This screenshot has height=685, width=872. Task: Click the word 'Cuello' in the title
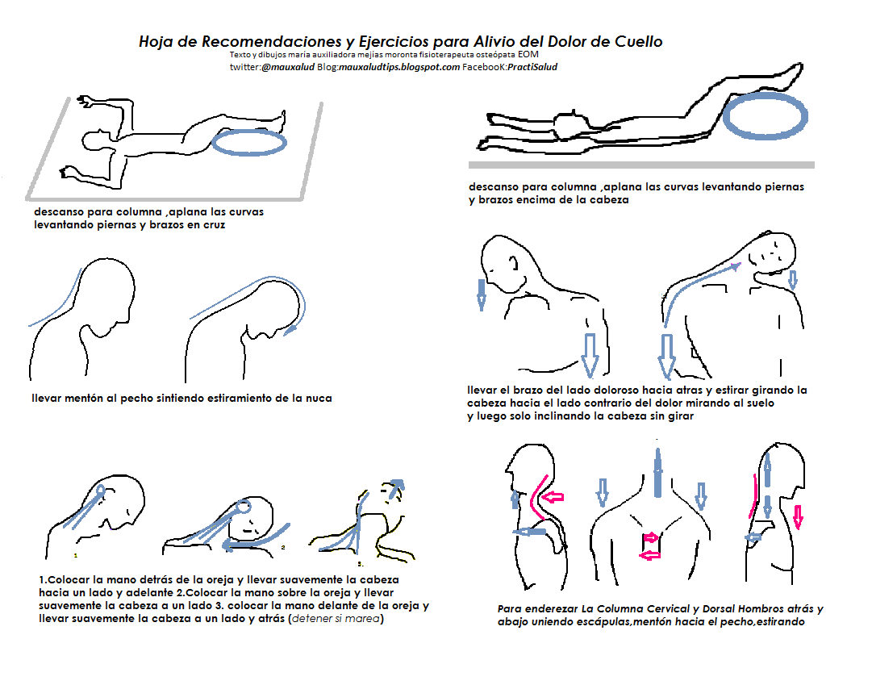pos(638,42)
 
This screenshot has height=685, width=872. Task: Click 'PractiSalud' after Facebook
pos(532,67)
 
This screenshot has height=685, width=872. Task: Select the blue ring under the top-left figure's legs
pos(249,143)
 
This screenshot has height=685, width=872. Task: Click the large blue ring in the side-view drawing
pos(766,115)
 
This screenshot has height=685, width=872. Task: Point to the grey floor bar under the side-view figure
pos(641,165)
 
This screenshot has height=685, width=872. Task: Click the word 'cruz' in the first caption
pos(211,225)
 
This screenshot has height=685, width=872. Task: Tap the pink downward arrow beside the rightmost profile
pos(799,516)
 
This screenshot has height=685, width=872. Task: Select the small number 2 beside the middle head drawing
pos(283,547)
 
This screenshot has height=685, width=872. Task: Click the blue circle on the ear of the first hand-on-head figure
pos(100,491)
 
